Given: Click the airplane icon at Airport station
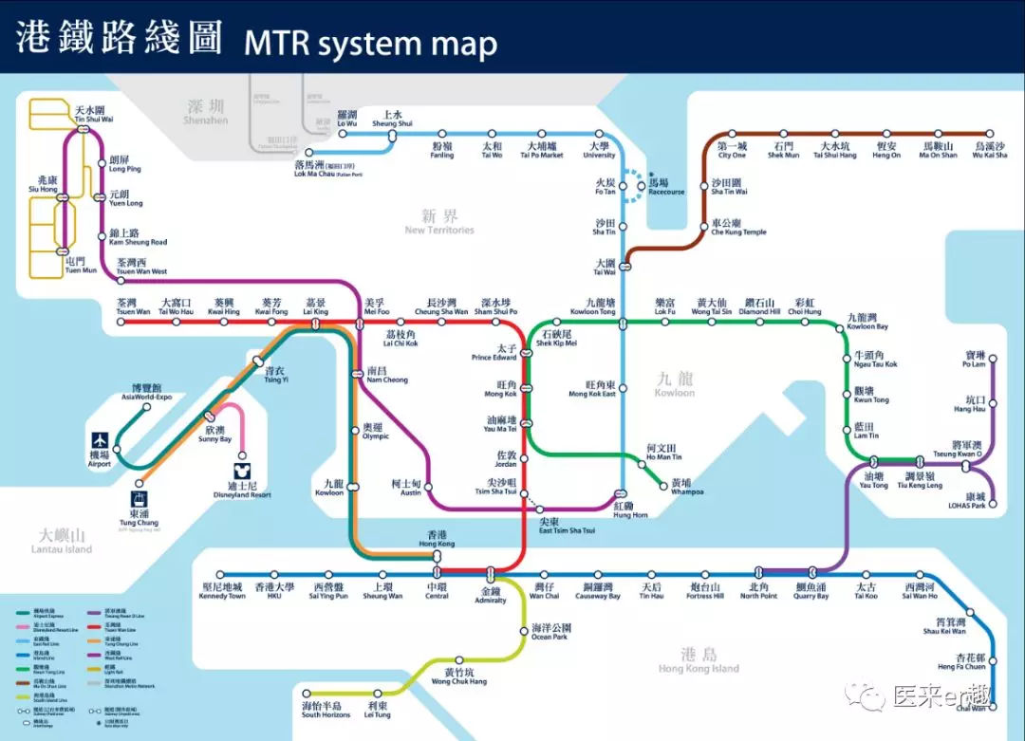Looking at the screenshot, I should pyautogui.click(x=101, y=440).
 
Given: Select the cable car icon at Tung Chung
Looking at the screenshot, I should pyautogui.click(x=139, y=499).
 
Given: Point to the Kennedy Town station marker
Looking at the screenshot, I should pyautogui.click(x=220, y=574).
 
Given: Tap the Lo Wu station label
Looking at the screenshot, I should pyautogui.click(x=347, y=119).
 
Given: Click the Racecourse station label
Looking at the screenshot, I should pyautogui.click(x=666, y=187).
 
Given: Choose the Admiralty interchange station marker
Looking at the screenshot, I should pyautogui.click(x=491, y=575).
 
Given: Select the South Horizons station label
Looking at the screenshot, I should pyautogui.click(x=321, y=710).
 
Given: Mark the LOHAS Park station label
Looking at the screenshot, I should pyautogui.click(x=974, y=500).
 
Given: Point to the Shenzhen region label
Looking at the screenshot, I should pyautogui.click(x=206, y=111).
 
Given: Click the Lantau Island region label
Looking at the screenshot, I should pyautogui.click(x=62, y=542).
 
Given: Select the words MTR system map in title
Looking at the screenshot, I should pyautogui.click(x=370, y=43).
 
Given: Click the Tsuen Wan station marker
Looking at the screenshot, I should pyautogui.click(x=121, y=322).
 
